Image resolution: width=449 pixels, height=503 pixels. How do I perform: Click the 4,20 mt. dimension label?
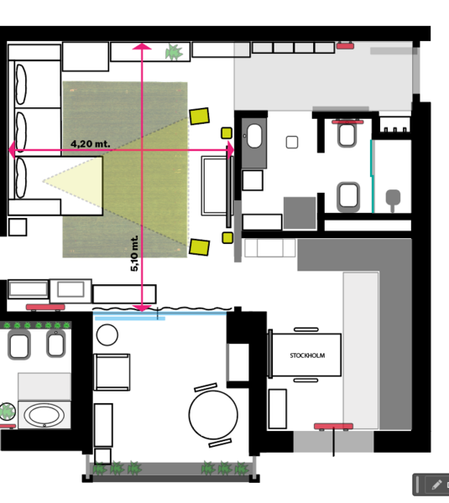click(91, 143)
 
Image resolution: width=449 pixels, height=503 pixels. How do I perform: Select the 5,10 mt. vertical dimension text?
click(134, 253)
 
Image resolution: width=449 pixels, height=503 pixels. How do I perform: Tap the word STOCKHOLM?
click(307, 355)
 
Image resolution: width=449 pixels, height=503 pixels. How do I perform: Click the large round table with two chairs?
click(213, 414)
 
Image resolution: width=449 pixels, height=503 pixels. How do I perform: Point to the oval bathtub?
click(44, 415)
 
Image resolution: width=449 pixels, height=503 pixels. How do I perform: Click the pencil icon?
click(436, 485)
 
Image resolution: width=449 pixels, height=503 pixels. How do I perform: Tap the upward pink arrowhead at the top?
click(142, 46)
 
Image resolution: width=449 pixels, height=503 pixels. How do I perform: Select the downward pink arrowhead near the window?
click(142, 309)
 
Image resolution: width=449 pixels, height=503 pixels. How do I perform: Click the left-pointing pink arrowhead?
click(12, 150)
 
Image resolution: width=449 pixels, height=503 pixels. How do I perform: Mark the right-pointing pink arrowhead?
click(231, 150)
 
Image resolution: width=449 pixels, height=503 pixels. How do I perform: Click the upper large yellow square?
click(200, 117)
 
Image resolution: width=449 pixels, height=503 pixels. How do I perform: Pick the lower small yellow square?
click(227, 238)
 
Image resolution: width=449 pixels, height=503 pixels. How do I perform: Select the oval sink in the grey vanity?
click(254, 136)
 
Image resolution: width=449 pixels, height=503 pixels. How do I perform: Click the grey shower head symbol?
click(393, 200)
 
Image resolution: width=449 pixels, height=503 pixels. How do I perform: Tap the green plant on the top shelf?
click(174, 52)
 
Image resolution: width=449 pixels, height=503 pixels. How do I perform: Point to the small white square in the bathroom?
click(292, 143)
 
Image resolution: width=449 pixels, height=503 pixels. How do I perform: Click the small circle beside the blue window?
click(107, 334)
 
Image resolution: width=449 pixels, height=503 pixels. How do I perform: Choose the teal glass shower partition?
click(372, 176)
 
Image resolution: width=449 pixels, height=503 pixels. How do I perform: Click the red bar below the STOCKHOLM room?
click(333, 427)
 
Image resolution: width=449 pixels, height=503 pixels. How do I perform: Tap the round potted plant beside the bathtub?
click(7, 412)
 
